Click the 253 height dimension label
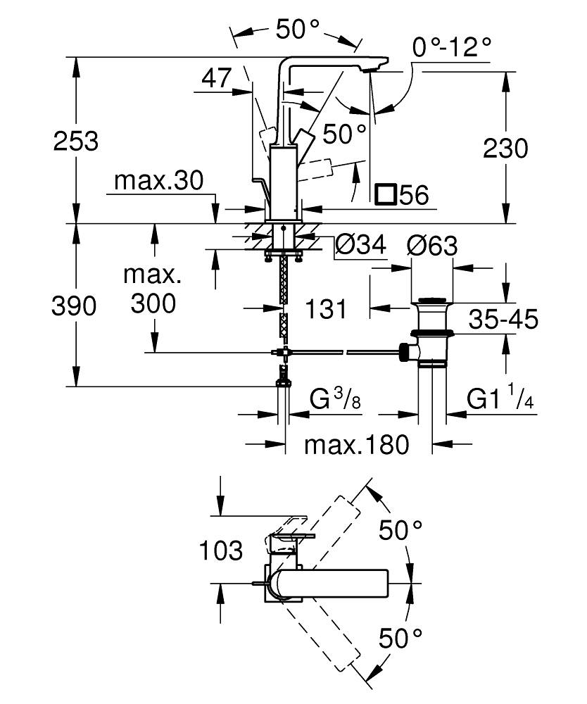77,141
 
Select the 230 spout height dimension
505,149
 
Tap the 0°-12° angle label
452,48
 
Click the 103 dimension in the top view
220,551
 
